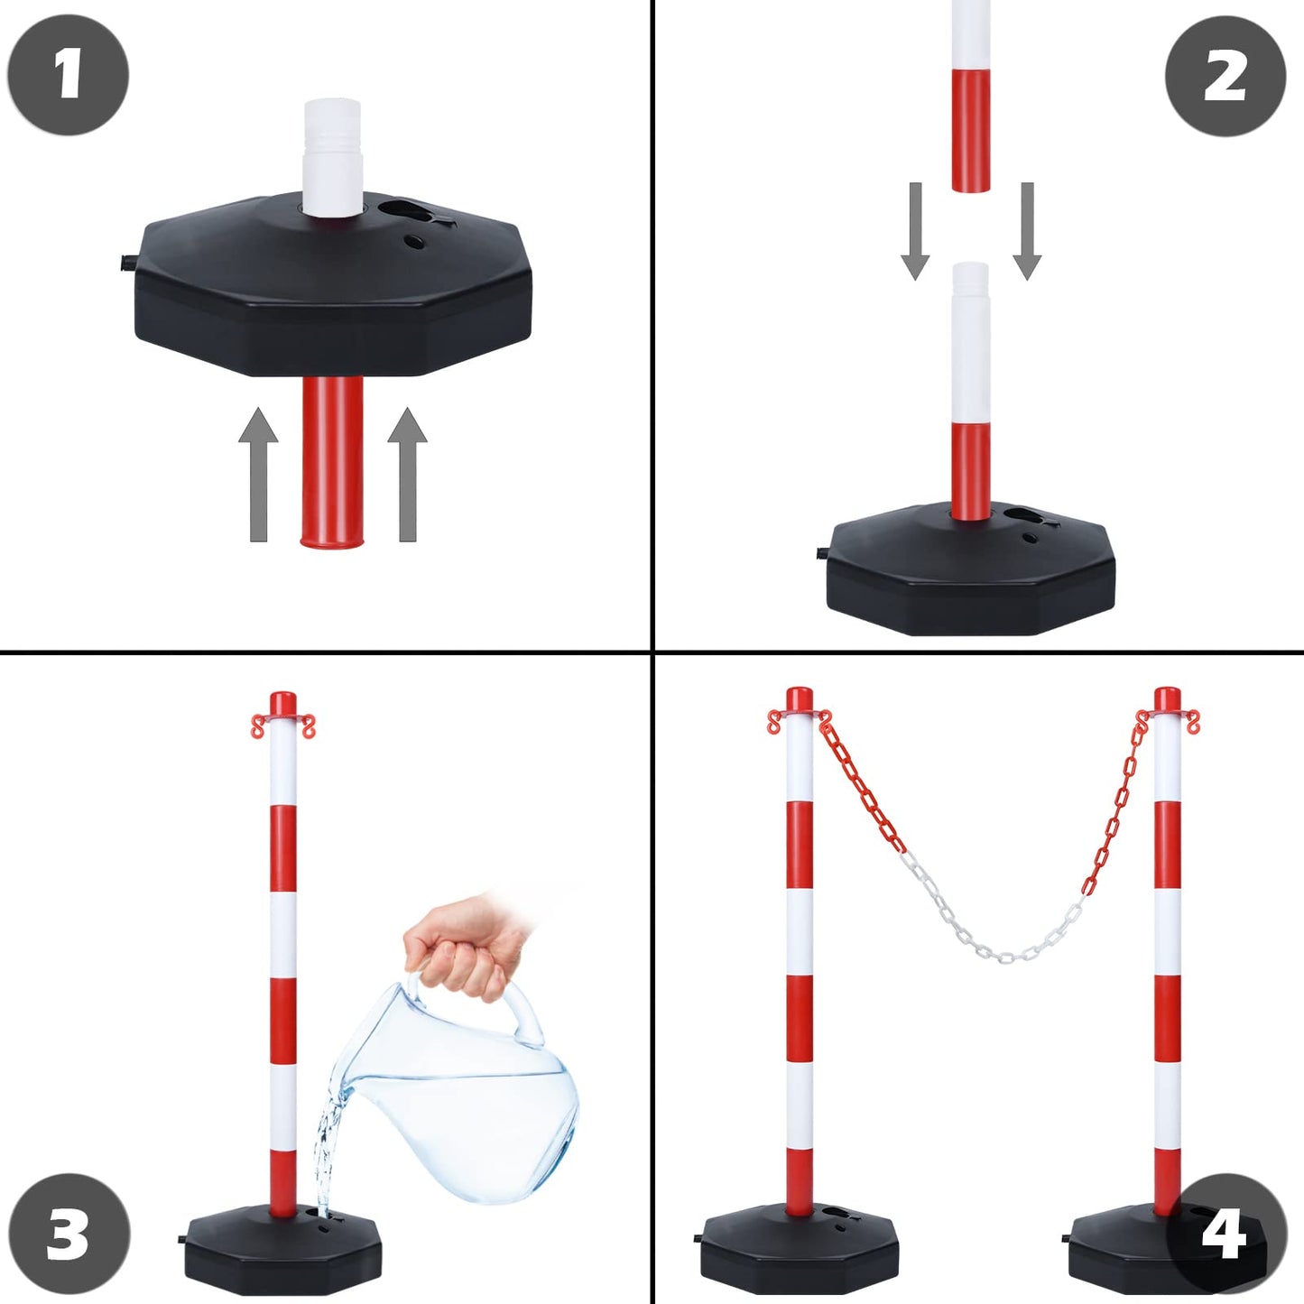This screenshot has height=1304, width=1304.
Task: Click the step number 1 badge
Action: click(68, 74)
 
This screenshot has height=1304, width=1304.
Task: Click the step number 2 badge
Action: click(1225, 77)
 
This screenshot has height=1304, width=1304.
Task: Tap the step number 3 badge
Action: click(69, 1235)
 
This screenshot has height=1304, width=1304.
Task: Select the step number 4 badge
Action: click(1226, 1235)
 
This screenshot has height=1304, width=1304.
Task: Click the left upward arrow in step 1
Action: click(258, 475)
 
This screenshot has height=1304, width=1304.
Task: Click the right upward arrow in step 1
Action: click(407, 475)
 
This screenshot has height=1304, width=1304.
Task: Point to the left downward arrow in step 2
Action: click(915, 231)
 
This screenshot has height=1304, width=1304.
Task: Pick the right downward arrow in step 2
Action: click(1027, 231)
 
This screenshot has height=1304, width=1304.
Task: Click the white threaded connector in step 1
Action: click(331, 157)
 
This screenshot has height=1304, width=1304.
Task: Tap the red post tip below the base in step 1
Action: click(331, 461)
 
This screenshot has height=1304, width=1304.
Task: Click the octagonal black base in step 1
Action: click(334, 284)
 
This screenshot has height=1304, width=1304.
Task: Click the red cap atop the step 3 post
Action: click(282, 704)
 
